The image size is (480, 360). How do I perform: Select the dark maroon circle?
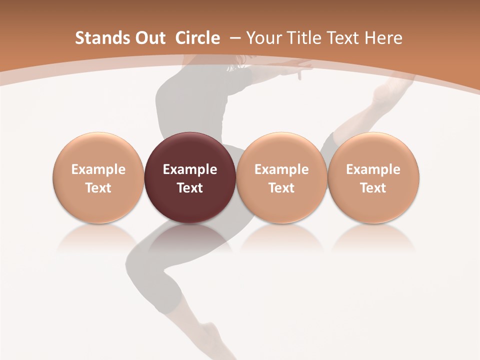click(190, 177)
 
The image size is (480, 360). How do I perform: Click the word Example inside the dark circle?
click(190, 169)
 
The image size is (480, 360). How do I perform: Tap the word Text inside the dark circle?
click(190, 188)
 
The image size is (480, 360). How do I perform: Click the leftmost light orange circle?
click(98, 177)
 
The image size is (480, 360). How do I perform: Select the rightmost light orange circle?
click(373, 177)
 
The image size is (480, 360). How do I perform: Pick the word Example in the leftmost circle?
click(98, 169)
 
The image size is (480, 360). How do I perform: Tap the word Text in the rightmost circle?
click(373, 188)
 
